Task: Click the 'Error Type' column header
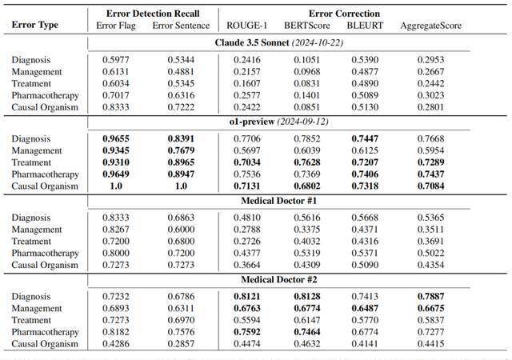tap(35, 25)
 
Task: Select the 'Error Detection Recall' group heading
tap(153, 14)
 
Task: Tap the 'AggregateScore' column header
tap(431, 26)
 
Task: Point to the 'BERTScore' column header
tap(307, 26)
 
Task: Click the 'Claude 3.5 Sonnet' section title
tap(252, 42)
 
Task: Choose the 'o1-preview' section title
tap(252, 122)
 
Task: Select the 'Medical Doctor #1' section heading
tap(279, 201)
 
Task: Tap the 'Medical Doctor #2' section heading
tap(279, 280)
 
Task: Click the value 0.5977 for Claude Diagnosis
tap(116, 60)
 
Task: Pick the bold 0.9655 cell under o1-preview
tap(116, 138)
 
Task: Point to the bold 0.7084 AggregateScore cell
tap(431, 186)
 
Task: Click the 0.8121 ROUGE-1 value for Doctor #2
tap(247, 296)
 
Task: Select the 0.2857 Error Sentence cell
tap(181, 344)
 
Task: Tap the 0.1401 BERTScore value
tap(307, 95)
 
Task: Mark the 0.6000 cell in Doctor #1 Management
tap(181, 230)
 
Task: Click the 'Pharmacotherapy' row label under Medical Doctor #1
tap(46, 254)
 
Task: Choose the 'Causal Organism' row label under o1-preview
tap(45, 186)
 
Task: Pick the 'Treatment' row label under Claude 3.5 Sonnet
tap(31, 84)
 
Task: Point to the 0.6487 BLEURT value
tap(365, 308)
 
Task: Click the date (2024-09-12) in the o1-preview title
tap(303, 122)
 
